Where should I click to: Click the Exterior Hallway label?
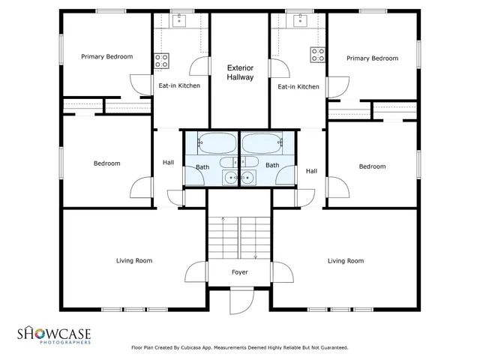point(240,73)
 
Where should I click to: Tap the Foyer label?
point(239,272)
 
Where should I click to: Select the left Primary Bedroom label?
point(107,56)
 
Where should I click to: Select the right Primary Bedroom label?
point(372,58)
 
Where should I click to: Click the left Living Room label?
point(134,261)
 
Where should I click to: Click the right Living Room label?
point(346,261)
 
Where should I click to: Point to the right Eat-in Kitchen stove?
point(318,55)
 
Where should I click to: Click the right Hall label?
point(312,171)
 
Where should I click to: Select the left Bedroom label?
point(106,163)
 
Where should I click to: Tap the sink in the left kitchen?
point(180,20)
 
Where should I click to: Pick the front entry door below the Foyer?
point(238,303)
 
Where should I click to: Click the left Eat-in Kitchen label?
point(179,86)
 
